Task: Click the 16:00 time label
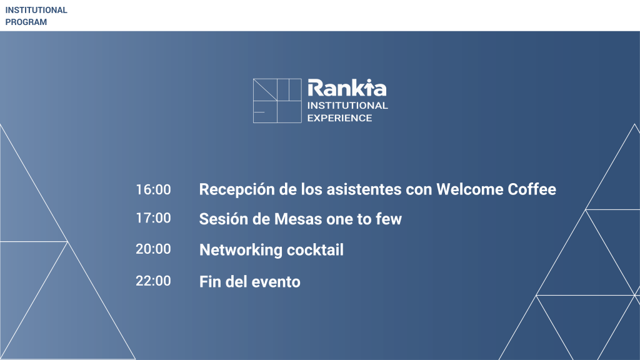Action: tap(153, 189)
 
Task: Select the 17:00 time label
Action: tap(153, 218)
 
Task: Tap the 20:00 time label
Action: tap(153, 249)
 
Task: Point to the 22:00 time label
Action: tap(153, 281)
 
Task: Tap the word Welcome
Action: tap(470, 189)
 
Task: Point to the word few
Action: tap(389, 219)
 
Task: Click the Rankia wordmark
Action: tap(347, 87)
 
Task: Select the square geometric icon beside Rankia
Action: tap(277, 101)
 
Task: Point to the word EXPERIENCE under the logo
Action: tap(339, 118)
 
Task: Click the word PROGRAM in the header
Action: tap(26, 22)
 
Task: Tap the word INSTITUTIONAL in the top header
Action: tap(36, 10)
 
